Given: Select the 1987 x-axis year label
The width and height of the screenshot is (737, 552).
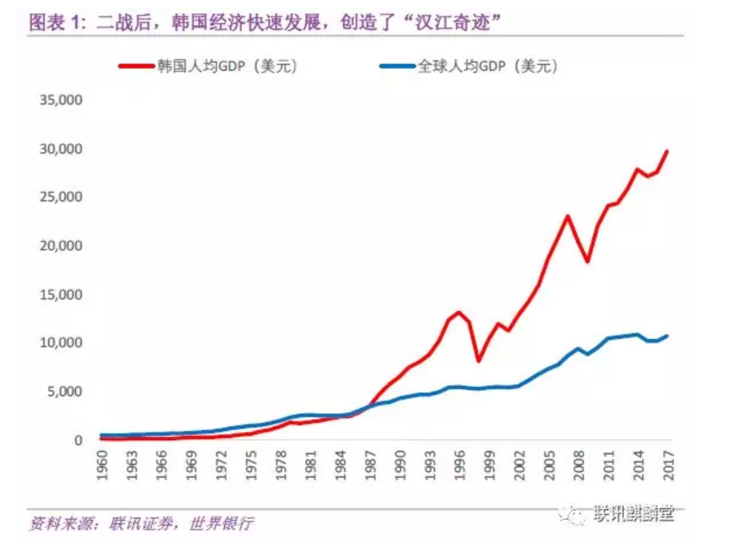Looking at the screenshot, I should (370, 465).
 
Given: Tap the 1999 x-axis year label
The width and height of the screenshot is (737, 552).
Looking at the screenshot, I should (489, 465).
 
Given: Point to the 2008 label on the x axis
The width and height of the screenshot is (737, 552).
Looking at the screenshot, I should (579, 465).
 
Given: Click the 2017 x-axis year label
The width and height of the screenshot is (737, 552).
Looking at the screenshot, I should (668, 465).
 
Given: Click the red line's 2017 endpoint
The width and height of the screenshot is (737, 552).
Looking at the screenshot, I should (667, 151).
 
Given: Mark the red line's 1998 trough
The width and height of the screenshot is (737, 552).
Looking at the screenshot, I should (479, 361).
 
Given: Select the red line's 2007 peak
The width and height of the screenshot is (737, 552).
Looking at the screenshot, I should (568, 216).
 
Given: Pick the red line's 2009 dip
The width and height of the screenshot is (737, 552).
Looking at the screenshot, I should (588, 261).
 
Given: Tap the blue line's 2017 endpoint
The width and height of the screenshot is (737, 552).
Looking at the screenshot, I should (667, 336).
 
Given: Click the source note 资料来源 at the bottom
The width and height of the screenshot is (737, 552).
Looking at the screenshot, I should (141, 523).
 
